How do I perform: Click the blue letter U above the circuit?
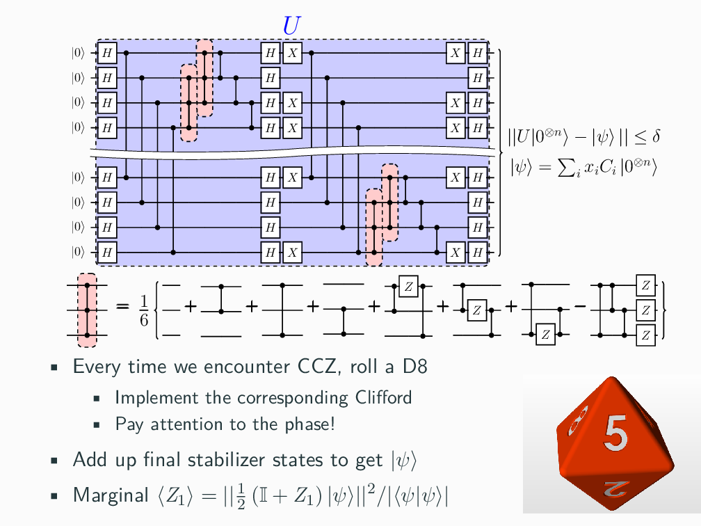[291, 25]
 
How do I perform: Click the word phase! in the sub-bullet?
[312, 424]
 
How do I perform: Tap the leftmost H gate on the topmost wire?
[106, 53]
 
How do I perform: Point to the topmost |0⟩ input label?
[78, 53]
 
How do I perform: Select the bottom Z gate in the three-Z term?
[646, 335]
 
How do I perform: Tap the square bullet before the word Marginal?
[54, 496]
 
